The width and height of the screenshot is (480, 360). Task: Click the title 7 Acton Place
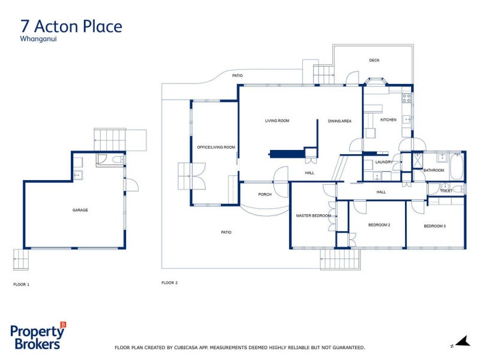pos(71,26)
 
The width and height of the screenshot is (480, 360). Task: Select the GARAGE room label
pos(80,210)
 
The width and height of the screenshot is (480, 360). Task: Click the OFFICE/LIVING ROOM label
pos(216,147)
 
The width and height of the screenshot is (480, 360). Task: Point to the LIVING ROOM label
pos(277,121)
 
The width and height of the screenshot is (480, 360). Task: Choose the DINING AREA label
pos(340,121)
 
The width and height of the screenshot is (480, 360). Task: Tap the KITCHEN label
pos(388,120)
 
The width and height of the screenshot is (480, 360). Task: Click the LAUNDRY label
pos(383,162)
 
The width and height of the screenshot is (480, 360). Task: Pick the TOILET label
pos(446,191)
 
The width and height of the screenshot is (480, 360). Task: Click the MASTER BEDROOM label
pos(313,215)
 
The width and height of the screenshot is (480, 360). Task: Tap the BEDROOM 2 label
pos(379,225)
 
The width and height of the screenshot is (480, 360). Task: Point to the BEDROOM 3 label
pos(435,226)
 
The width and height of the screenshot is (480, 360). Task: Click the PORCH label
pos(265,194)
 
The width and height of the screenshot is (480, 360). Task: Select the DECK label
pos(374,60)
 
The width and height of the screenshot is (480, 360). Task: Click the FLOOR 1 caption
pos(21,284)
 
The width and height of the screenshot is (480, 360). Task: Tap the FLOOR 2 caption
pos(170,283)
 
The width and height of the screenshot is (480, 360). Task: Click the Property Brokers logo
pos(38,337)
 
